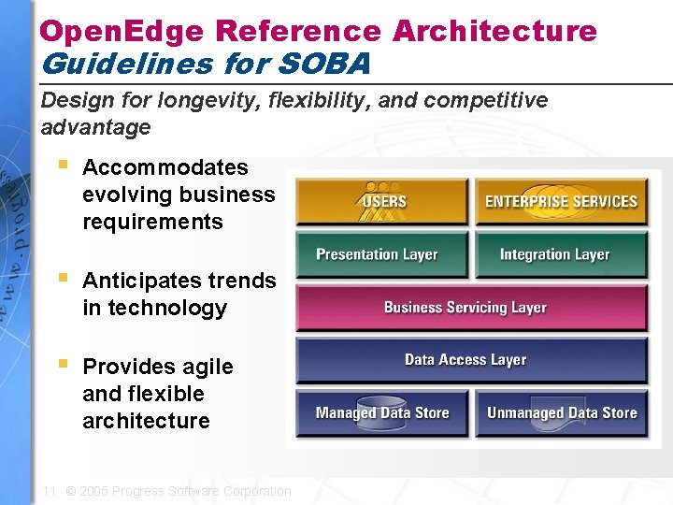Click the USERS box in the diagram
click(x=381, y=202)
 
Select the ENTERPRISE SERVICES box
click(x=561, y=202)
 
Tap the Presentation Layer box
click(x=381, y=254)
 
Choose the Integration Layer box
click(x=561, y=254)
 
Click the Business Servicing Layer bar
click(x=471, y=308)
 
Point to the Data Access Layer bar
click(x=471, y=360)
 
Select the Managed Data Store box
click(x=381, y=413)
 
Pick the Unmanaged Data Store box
click(x=561, y=413)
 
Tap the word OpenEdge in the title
click(x=121, y=31)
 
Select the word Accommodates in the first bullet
click(x=165, y=167)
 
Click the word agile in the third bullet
click(x=206, y=367)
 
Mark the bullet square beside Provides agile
click(x=63, y=363)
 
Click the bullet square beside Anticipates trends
click(x=63, y=277)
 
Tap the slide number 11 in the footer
click(x=50, y=491)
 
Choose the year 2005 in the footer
click(x=93, y=491)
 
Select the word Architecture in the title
click(x=494, y=31)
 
